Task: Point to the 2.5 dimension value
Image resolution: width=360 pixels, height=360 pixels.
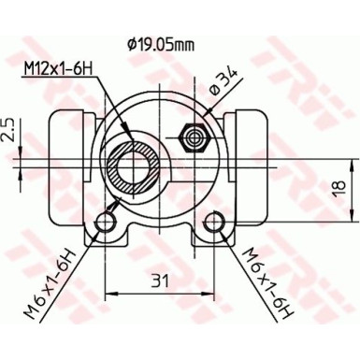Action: point(8,127)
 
